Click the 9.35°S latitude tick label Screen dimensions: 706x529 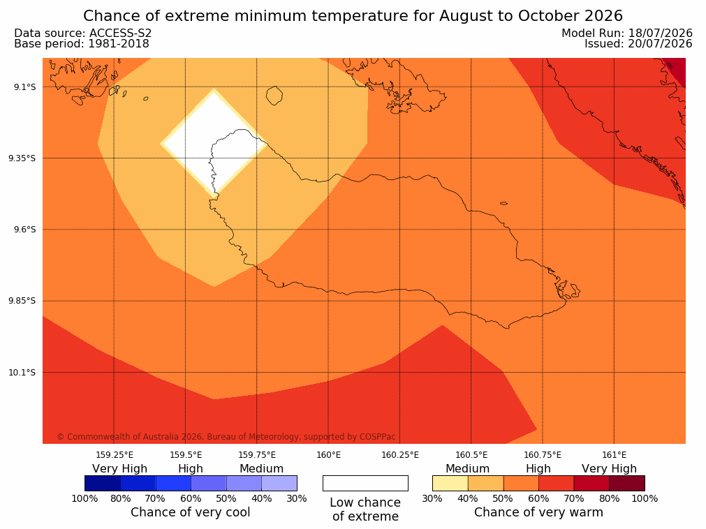pos(22,158)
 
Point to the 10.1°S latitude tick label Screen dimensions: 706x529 pos(22,373)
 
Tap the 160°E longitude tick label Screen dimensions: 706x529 pos(328,455)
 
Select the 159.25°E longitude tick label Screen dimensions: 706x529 pos(115,455)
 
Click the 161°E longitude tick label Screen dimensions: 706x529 pos(614,455)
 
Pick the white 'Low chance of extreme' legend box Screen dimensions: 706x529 pos(365,484)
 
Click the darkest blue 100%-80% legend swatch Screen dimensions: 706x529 pos(103,484)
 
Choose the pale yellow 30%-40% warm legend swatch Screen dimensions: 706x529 pos(450,484)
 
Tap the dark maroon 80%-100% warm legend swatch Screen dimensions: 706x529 pos(627,484)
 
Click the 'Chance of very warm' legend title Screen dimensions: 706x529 pos(538,512)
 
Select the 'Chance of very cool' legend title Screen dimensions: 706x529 pos(191,512)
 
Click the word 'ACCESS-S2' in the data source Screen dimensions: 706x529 pos(121,33)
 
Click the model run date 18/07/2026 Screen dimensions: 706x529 pos(660,33)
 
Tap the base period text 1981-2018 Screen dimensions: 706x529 pos(119,44)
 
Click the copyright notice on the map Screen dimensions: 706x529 pos(226,437)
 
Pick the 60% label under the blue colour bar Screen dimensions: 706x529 pos(191,498)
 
